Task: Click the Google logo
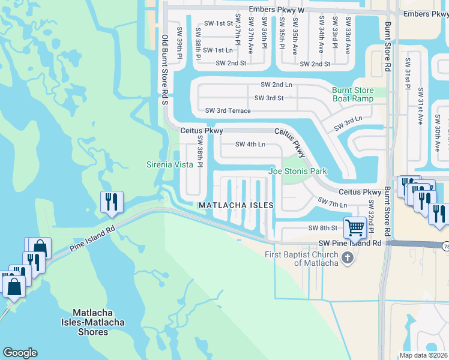point(20,353)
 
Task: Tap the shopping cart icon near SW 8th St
point(355,227)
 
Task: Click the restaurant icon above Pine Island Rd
point(111,203)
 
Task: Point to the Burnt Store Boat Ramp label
point(353,94)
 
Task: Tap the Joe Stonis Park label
point(297,172)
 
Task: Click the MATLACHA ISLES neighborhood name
point(236,205)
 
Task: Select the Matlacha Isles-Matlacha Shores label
point(98,322)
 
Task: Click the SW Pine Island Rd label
point(349,244)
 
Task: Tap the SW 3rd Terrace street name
point(228,110)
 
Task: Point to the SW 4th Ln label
point(250,144)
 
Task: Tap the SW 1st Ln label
point(217,50)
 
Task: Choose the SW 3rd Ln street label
point(348,124)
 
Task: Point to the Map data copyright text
point(424,355)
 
